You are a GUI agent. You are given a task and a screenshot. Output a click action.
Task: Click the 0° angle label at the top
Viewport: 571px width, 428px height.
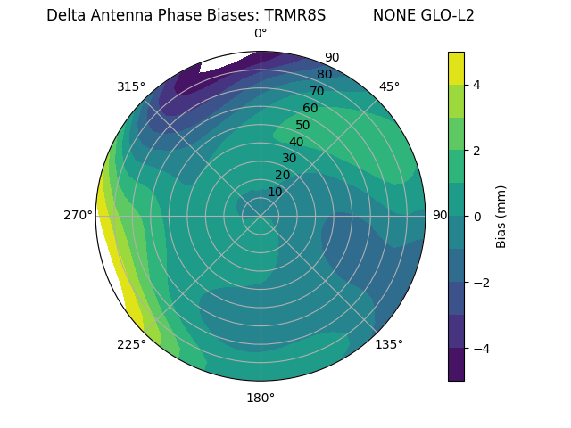pos(261,34)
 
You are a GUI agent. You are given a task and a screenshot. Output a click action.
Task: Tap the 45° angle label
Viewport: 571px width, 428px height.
pos(389,86)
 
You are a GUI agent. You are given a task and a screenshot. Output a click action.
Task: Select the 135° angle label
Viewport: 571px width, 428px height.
pos(389,344)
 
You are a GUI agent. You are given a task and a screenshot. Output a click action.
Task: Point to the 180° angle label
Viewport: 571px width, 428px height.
pos(261,398)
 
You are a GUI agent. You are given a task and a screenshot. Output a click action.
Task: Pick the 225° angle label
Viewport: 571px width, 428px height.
pos(131,344)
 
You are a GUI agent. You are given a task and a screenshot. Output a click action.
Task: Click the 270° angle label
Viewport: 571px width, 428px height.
pos(79,215)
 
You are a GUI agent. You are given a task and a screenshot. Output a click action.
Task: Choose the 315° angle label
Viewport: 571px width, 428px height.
pos(131,86)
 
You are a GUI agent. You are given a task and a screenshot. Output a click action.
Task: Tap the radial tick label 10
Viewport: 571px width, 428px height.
pos(275,192)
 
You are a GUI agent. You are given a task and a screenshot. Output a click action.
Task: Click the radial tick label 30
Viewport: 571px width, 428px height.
pos(289,159)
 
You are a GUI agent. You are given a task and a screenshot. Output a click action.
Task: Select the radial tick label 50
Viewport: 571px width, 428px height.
pos(302,126)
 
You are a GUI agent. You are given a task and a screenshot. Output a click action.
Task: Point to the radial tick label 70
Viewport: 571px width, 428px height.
pos(317,92)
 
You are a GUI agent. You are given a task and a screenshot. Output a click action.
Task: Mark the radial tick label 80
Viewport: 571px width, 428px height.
pos(324,75)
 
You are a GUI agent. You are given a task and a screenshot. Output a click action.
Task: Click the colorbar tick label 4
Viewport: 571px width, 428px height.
pos(476,85)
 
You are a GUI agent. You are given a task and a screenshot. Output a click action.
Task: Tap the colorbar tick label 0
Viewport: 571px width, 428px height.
pos(476,217)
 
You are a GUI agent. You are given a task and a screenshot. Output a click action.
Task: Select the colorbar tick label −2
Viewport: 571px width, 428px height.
pos(480,283)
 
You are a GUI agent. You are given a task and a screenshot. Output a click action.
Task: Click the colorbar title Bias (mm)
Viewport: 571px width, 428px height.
pos(501,217)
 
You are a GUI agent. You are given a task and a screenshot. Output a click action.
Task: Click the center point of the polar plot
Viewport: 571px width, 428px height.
pos(261,216)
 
